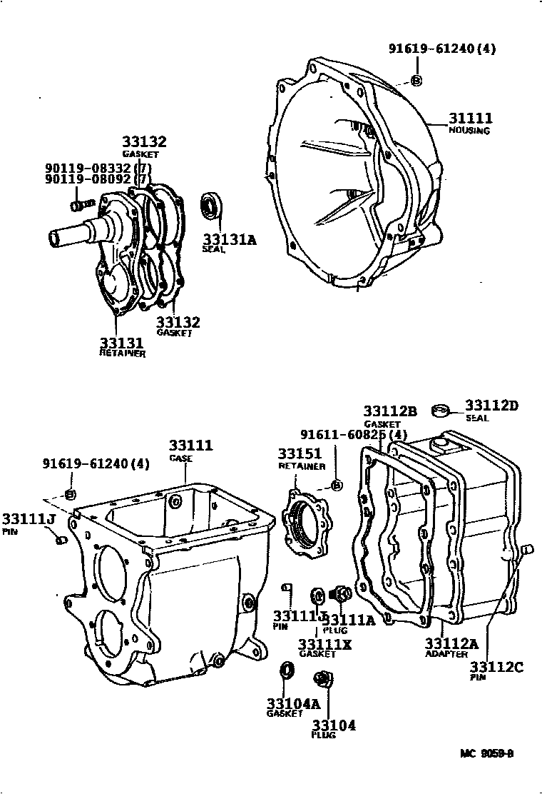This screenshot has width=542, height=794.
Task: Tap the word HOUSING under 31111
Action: [469, 131]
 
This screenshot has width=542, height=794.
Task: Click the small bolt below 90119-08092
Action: [78, 205]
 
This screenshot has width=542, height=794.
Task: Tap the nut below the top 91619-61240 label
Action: [416, 79]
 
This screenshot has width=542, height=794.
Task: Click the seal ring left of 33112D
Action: [441, 410]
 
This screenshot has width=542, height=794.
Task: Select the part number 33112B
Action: [389, 411]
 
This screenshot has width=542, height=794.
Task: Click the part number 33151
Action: [299, 453]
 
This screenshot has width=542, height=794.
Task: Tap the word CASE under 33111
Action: [180, 458]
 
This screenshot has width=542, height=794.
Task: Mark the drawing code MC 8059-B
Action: [487, 753]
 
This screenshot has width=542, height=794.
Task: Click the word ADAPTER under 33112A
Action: [446, 653]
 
